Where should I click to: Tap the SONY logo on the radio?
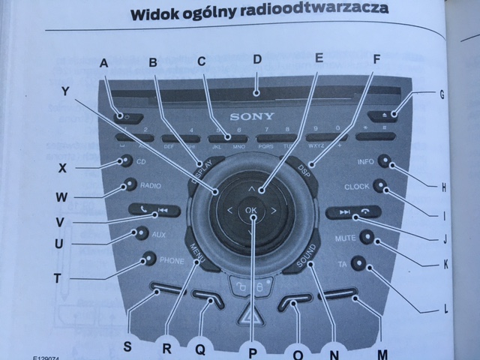point(253,117)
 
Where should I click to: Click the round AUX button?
point(139,233)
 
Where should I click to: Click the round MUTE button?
point(367,237)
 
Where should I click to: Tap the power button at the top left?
point(124,116)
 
